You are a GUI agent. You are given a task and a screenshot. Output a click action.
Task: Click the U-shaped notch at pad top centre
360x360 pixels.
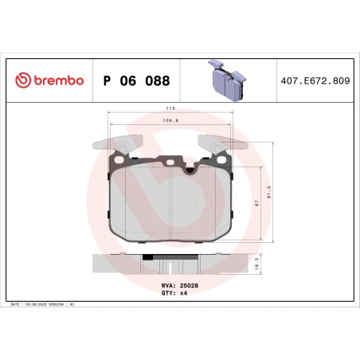[x=189, y=168]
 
